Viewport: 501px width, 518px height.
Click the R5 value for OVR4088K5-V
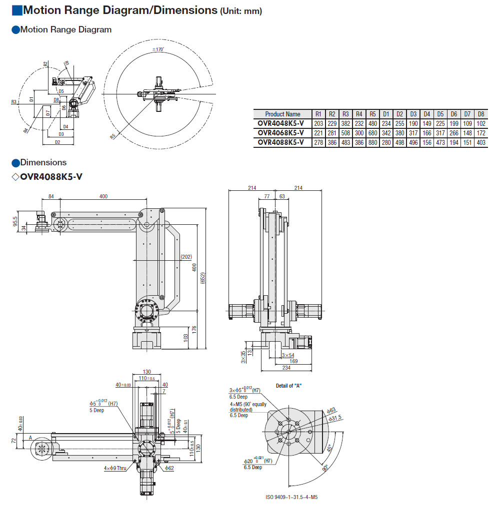372,142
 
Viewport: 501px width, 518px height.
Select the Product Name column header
282,114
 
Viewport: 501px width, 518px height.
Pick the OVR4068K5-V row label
281,133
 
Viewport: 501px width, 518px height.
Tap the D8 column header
481,114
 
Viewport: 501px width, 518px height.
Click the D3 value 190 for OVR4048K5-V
413,123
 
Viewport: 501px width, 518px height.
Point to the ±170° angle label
158,49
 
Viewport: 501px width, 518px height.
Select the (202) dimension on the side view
186,257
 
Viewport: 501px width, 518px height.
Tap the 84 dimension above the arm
51,196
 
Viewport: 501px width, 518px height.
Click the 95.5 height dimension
15,221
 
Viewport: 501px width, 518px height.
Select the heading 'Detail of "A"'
288,386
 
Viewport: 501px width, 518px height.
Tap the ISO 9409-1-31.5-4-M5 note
292,497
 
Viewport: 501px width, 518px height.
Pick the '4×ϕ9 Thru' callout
115,468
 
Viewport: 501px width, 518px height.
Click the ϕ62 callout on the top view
168,468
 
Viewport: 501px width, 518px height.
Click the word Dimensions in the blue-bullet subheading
43,162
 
